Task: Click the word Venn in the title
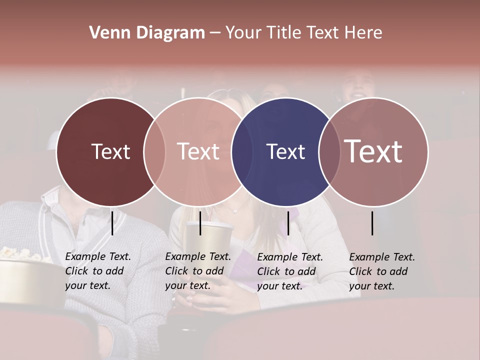pos(107,33)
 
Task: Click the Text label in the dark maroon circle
pos(110,151)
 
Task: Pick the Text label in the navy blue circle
pos(285,151)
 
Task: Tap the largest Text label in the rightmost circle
pos(373,151)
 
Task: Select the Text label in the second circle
pos(198,151)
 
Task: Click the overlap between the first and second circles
pos(154,151)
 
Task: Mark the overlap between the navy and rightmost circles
pos(329,151)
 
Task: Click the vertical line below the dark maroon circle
pos(112,223)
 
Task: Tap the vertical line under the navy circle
pos(288,223)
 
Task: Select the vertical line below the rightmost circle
pos(372,223)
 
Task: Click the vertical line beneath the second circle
pos(200,223)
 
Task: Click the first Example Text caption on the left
pos(97,271)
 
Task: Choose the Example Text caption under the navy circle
pos(289,271)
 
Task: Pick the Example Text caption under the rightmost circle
pos(381,271)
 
